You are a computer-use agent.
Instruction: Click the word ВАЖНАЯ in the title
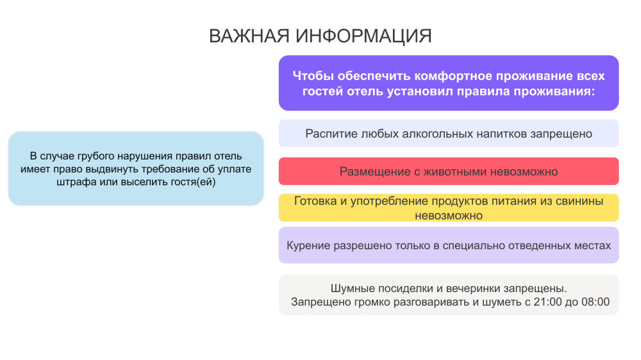coord(249,36)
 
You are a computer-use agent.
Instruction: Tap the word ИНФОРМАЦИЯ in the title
coord(364,36)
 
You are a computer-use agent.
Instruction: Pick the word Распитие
coord(331,134)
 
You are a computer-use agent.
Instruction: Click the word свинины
coord(579,201)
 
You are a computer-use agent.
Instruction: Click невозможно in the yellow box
coord(449,215)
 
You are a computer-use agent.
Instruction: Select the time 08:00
coord(595,302)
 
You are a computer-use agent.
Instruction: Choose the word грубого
coord(96,156)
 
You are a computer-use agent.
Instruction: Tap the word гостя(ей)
coord(193,182)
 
